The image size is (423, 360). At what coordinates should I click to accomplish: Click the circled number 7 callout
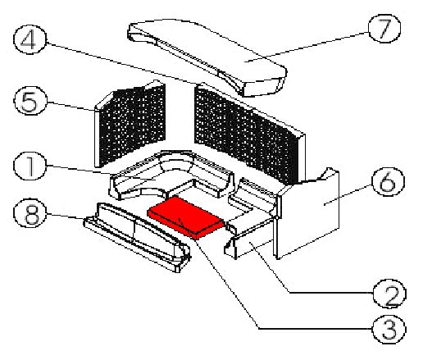(384, 29)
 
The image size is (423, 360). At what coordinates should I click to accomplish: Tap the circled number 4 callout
(30, 39)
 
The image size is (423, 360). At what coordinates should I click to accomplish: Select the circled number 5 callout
(30, 101)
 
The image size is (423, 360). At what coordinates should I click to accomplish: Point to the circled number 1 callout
(30, 166)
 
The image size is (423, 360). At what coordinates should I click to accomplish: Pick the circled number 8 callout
(30, 213)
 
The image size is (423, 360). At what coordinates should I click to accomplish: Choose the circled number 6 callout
(388, 182)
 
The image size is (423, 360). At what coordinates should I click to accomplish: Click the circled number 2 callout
(389, 294)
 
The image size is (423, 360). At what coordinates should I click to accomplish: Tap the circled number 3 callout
(389, 329)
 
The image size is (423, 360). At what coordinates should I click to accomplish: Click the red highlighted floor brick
(186, 217)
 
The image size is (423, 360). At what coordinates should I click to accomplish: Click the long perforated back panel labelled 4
(249, 134)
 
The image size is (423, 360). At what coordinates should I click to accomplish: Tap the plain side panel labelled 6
(307, 213)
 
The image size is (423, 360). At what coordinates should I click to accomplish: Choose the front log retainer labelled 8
(137, 236)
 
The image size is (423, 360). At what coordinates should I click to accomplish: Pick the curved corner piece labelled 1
(171, 175)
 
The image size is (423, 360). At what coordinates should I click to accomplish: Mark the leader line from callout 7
(307, 47)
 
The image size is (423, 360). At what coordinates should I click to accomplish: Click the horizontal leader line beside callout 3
(316, 328)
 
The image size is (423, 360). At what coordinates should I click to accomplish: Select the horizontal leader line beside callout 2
(331, 293)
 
